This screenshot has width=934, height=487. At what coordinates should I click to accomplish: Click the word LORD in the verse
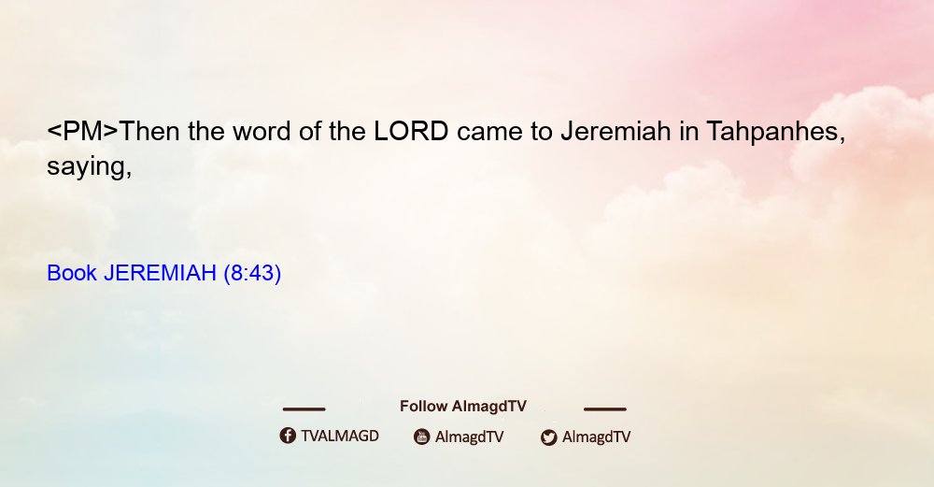point(411,131)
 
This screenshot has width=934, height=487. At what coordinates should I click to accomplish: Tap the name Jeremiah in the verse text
point(616,131)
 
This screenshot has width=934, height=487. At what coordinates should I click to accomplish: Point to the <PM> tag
point(83,131)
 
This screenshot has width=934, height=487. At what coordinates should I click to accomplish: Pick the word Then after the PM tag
point(149,131)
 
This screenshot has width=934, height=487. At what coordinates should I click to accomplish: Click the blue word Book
point(72,273)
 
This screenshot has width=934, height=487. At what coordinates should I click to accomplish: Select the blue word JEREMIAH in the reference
point(160,273)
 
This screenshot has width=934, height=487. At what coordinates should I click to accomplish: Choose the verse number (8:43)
point(252,273)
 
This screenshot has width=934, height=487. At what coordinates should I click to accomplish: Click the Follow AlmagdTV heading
point(463,407)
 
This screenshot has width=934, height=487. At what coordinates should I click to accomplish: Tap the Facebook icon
point(288,436)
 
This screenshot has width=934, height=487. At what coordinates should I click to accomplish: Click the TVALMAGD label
point(340,437)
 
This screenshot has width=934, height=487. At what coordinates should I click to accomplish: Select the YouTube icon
point(422,437)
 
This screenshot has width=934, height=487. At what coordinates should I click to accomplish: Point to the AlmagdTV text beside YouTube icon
point(470,437)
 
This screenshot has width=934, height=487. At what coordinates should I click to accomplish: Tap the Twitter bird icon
point(549,437)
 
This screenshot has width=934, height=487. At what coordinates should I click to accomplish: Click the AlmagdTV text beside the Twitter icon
point(596,437)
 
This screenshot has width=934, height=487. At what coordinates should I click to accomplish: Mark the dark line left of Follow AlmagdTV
point(304,409)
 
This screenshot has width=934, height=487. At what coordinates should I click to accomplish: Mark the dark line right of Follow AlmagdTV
point(605,409)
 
